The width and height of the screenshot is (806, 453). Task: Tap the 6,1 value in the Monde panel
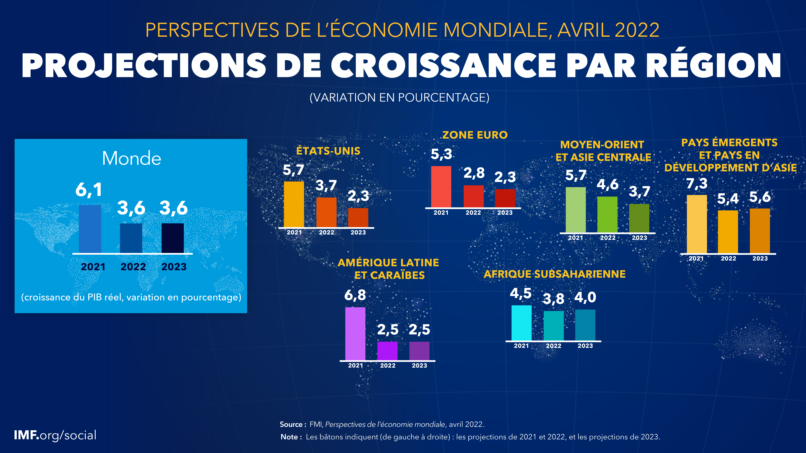coord(89,190)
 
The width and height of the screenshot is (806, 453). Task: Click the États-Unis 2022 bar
coord(326,212)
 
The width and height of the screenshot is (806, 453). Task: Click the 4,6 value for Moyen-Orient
coord(607,184)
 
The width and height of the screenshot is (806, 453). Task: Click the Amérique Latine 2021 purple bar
coord(355,334)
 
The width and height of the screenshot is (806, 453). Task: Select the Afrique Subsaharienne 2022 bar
coord(554,326)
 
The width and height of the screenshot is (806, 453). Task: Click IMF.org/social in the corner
coord(55,435)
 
